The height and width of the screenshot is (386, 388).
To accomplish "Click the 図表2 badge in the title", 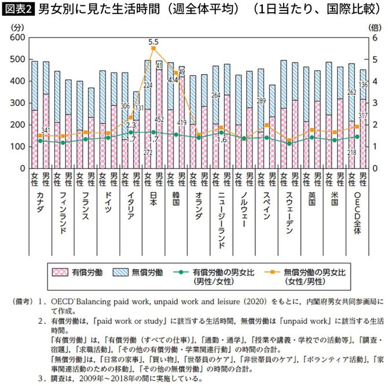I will pos(18,10).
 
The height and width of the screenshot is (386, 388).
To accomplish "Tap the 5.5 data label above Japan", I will pos(153,42).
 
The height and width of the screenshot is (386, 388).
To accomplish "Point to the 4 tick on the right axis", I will pos(375,81).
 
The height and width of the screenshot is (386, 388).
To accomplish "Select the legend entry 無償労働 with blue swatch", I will pos(137,271).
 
